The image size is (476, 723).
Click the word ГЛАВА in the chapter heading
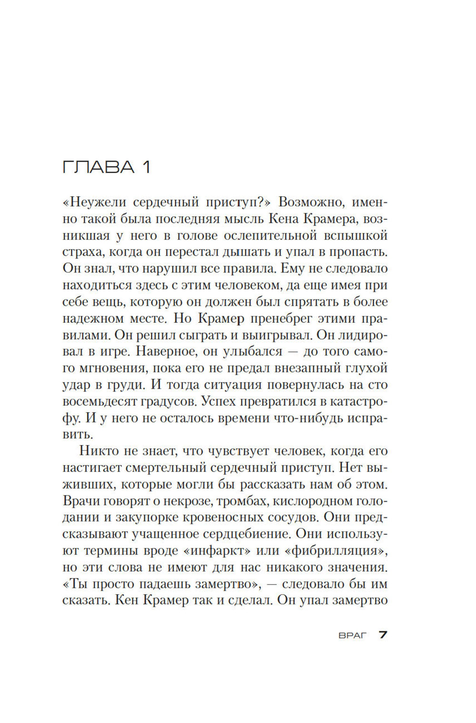(99, 167)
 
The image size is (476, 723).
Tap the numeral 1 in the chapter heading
(146, 167)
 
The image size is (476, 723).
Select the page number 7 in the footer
(383, 635)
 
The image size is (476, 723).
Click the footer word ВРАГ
(353, 635)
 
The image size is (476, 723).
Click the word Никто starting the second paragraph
(97, 451)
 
